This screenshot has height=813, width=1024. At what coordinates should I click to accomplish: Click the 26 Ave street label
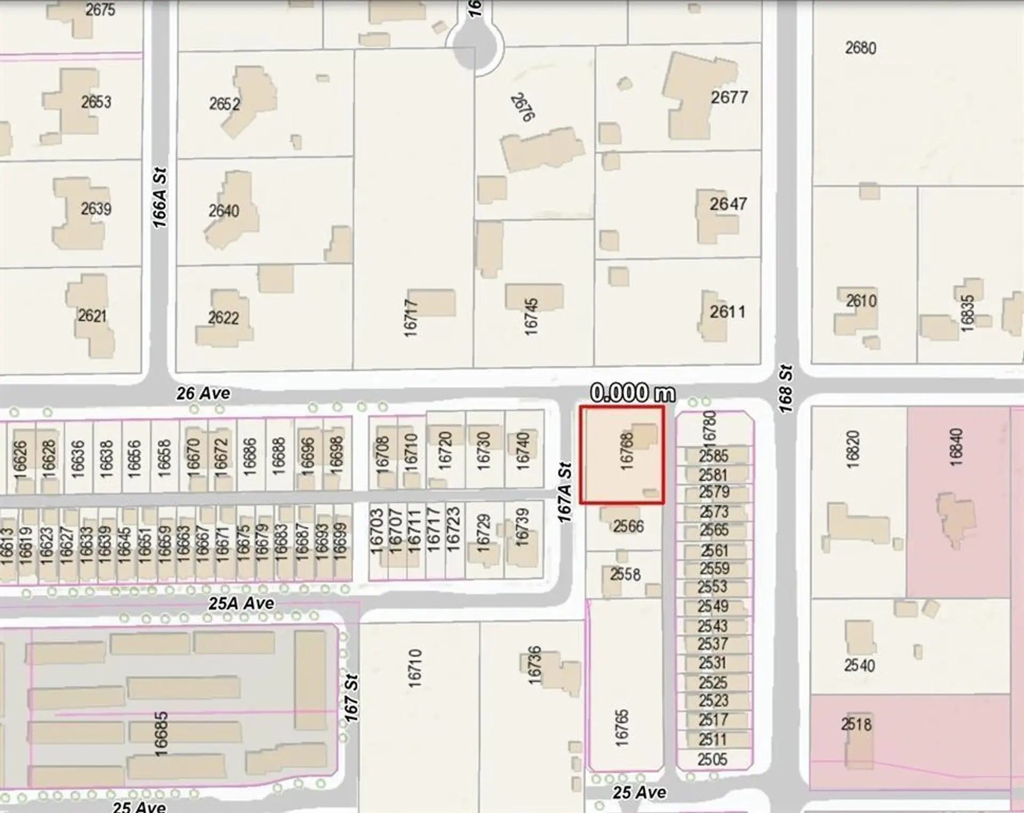click(203, 393)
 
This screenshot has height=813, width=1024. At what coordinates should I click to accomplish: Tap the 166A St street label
click(159, 198)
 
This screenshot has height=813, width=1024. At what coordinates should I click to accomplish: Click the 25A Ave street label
click(242, 603)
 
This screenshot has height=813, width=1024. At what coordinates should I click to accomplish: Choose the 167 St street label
click(351, 698)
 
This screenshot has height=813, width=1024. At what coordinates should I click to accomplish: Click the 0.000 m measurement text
click(633, 393)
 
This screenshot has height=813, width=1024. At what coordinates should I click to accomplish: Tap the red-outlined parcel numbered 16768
click(622, 455)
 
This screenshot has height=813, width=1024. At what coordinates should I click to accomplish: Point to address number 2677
click(729, 98)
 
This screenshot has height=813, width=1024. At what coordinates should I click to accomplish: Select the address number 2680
click(860, 48)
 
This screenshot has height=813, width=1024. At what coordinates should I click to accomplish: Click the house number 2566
click(628, 526)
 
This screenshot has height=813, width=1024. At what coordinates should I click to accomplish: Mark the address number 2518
click(856, 724)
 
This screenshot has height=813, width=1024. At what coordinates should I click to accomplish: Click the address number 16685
click(161, 734)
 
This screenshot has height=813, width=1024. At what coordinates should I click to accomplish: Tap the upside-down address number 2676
click(523, 108)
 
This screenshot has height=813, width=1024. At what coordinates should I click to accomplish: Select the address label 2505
click(712, 759)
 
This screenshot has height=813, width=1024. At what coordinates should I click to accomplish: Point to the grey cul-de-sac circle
click(474, 47)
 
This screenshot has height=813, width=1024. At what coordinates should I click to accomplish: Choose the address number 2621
click(92, 316)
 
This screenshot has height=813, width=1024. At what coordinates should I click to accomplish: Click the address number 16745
click(531, 317)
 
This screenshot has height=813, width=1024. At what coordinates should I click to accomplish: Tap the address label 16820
click(853, 449)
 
